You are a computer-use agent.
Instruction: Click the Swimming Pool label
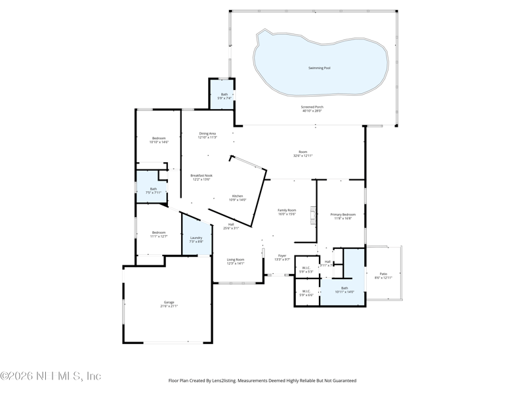point(320,68)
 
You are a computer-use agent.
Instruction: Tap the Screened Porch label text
point(312,107)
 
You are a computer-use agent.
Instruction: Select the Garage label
point(169,302)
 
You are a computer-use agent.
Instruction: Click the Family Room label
point(287,210)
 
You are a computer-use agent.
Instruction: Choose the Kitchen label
point(238,196)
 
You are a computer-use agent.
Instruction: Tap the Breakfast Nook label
point(201,175)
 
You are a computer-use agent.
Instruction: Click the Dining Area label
point(208,133)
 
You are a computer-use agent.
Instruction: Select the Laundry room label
point(196,238)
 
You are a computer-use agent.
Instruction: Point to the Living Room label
point(235,259)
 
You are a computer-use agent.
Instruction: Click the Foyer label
point(282,256)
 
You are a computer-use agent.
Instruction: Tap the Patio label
point(383,274)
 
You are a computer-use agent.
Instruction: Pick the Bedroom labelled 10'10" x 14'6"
point(159,138)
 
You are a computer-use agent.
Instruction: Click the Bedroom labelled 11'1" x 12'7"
point(159,232)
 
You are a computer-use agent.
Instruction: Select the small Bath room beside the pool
point(224,95)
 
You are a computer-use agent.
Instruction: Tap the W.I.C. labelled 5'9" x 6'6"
point(306,292)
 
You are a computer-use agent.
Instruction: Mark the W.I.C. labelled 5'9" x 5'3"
point(306,267)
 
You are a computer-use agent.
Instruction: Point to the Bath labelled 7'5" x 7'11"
point(154,189)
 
